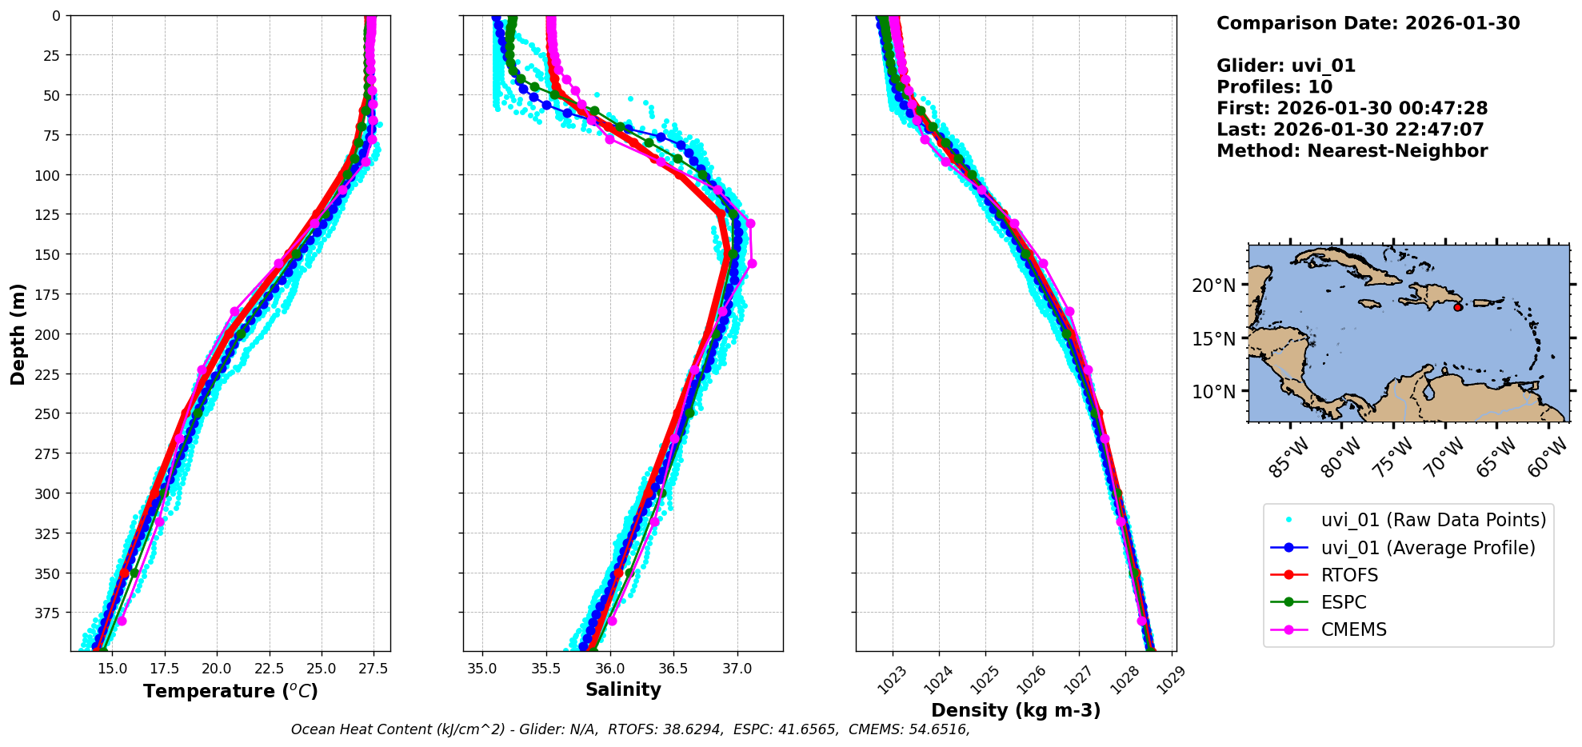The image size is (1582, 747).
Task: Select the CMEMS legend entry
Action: [x=1353, y=629]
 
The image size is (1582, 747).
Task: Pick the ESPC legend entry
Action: [x=1344, y=602]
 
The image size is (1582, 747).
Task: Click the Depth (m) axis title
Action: [x=18, y=334]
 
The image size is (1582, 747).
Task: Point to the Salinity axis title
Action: [x=623, y=689]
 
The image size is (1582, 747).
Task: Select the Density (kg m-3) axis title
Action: [x=1016, y=710]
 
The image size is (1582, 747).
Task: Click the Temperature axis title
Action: [x=230, y=691]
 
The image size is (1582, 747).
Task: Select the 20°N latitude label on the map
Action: [x=1213, y=286]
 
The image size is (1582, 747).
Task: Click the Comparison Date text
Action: [x=1368, y=23]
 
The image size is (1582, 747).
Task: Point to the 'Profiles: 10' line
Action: [x=1274, y=87]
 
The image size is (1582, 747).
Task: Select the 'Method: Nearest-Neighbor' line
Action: [x=1352, y=151]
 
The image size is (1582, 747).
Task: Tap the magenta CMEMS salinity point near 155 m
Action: [x=751, y=263]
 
